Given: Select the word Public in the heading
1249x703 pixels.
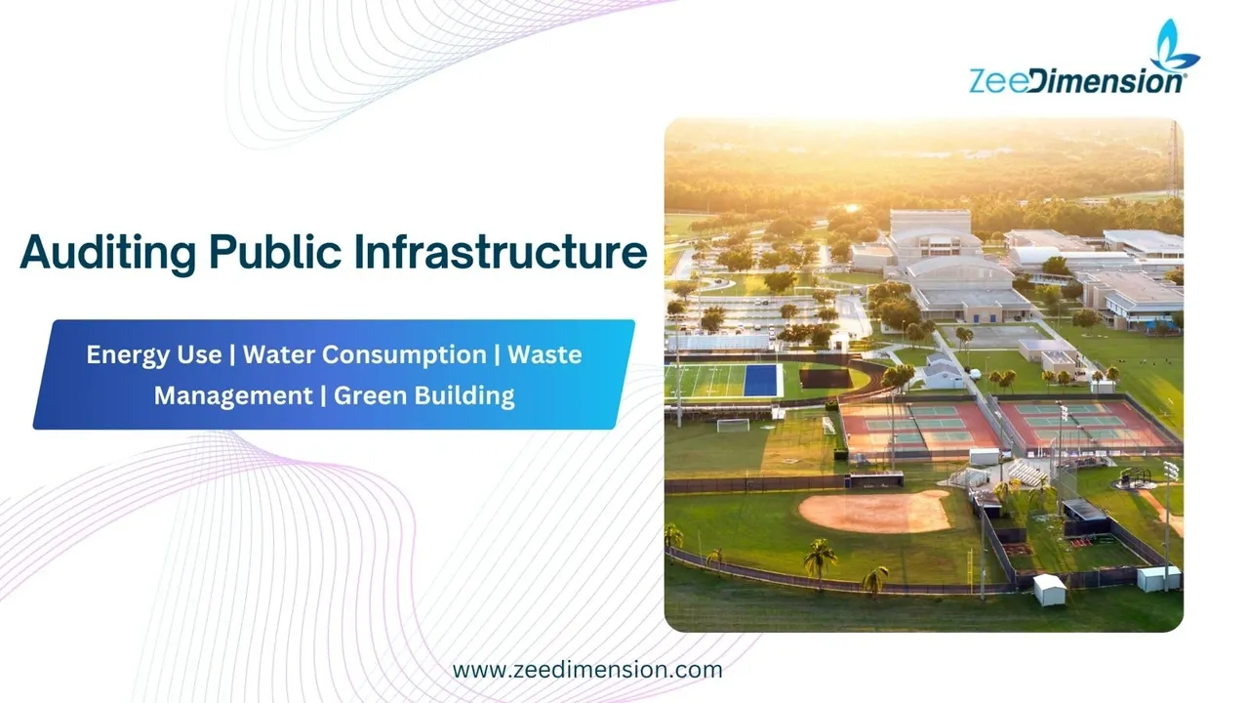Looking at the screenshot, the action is coord(275,251).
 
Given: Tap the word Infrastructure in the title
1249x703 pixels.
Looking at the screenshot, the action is coord(501,251).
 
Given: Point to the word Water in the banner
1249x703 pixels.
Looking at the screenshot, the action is coord(278,354).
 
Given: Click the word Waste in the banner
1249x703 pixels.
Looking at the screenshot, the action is coord(544,354).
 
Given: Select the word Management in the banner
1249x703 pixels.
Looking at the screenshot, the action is coord(233,396).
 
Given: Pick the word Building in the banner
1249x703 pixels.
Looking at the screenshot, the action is coord(464,396).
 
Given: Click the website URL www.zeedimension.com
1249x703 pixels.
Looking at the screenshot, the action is coord(587,670).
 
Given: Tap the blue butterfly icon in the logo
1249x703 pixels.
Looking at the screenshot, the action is coord(1174,46).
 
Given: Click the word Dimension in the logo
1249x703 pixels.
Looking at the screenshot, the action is coord(1107,81).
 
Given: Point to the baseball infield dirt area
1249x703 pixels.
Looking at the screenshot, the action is coord(875,511).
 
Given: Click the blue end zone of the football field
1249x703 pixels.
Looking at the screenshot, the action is coord(760,380).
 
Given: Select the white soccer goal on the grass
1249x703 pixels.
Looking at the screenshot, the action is coord(733,425).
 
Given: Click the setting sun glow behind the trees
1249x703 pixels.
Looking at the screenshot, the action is coord(852,208).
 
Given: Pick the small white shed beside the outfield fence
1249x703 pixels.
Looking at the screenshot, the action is coord(1049,589).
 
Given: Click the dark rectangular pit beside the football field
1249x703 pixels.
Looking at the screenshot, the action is coord(826,378).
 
